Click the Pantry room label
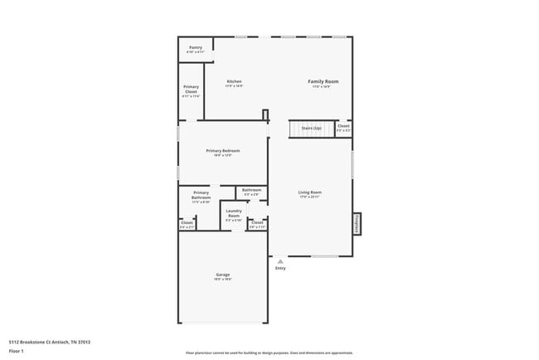tap(196, 47)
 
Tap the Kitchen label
tap(234, 81)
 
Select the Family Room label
tap(323, 81)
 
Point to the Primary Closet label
tap(191, 90)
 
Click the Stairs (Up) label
tap(312, 129)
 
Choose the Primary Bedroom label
tap(222, 151)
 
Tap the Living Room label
tap(309, 193)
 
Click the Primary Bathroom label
tap(202, 196)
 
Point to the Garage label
tap(223, 275)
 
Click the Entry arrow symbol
tap(280, 260)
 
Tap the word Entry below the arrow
tap(280, 268)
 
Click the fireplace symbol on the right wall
tap(357, 223)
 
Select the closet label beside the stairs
tap(343, 127)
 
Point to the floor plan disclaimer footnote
tap(269, 352)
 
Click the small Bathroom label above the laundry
tap(250, 191)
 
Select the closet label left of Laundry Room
tap(187, 222)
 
